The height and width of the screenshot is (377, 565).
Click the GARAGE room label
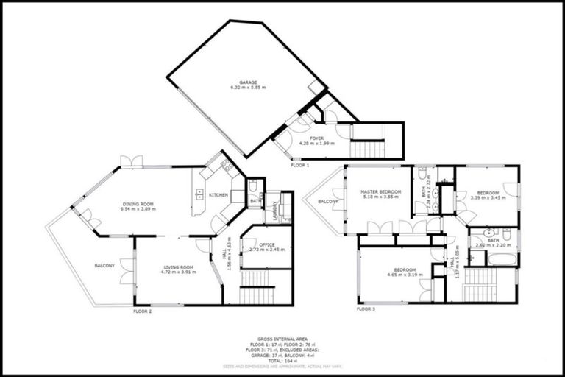coord(247,82)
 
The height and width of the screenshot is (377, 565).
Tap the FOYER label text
coord(316,138)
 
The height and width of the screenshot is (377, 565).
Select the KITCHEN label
coord(218,195)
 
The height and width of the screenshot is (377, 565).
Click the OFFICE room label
coord(266,245)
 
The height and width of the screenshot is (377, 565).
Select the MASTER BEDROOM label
coord(379,192)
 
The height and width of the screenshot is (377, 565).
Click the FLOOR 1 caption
coord(299,166)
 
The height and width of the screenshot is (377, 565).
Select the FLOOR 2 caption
coord(142,311)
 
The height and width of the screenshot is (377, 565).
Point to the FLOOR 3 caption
coord(366,309)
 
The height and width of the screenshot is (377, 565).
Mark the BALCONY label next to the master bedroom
coord(328,201)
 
